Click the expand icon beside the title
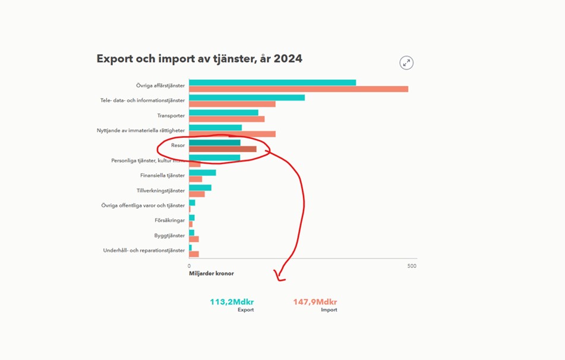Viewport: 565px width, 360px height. tap(406, 63)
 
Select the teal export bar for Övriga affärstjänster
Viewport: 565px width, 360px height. tap(272, 83)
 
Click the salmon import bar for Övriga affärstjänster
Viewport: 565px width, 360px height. tap(298, 89)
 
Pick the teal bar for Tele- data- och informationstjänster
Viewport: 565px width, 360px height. tap(247, 97)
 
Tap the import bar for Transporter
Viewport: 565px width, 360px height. tap(226, 119)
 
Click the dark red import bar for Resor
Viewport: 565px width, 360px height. tap(223, 149)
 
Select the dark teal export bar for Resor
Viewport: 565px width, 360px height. tap(214, 143)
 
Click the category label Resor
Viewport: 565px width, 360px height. tap(178, 146)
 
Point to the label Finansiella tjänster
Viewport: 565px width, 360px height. tap(162, 176)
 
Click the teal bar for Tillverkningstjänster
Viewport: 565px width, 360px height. tap(200, 188)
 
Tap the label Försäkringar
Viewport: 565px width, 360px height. tap(170, 220)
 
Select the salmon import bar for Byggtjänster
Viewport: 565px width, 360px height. tap(194, 239)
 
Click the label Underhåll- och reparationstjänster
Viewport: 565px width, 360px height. tap(144, 251)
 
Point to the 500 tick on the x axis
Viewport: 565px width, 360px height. tap(412, 266)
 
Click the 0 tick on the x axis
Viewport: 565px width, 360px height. tap(190, 266)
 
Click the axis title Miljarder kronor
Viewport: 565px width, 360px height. tap(211, 274)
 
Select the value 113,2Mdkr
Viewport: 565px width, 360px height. tap(232, 302)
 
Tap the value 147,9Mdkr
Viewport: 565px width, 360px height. tap(315, 302)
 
